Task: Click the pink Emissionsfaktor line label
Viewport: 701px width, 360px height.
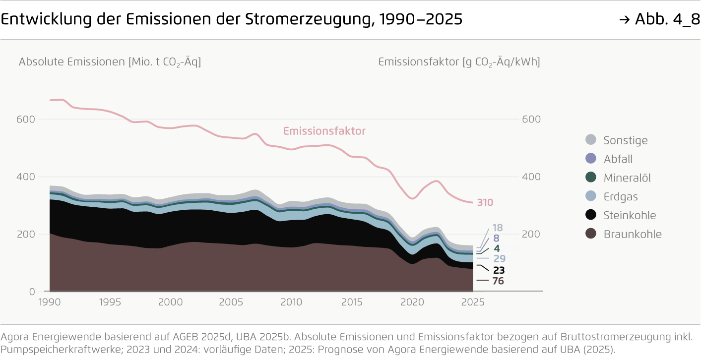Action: pyautogui.click(x=324, y=131)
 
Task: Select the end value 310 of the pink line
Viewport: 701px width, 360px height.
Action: pyautogui.click(x=485, y=202)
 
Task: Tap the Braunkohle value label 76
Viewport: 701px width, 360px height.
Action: pyautogui.click(x=498, y=281)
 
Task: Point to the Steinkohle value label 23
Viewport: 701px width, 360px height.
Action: pyautogui.click(x=499, y=270)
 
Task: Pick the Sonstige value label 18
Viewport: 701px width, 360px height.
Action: pyautogui.click(x=498, y=228)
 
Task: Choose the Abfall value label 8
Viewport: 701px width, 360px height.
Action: pyautogui.click(x=496, y=239)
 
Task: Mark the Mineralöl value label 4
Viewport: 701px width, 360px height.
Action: pyautogui.click(x=497, y=248)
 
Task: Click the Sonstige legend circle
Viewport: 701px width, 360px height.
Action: pyautogui.click(x=590, y=140)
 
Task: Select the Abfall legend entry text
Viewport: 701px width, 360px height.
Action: pyautogui.click(x=618, y=159)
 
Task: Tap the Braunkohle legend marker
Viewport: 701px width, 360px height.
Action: pyautogui.click(x=590, y=234)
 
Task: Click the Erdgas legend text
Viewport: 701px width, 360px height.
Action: pyautogui.click(x=620, y=197)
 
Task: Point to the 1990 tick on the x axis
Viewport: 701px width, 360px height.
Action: pyautogui.click(x=50, y=302)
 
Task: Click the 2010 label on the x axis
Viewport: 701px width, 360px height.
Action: pyautogui.click(x=291, y=302)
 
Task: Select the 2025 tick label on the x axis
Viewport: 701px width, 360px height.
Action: pyautogui.click(x=473, y=302)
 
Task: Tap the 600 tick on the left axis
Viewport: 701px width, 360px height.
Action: pyautogui.click(x=26, y=120)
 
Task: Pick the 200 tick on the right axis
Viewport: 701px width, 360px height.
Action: pyautogui.click(x=531, y=234)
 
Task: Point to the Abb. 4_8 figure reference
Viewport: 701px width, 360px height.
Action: pyautogui.click(x=659, y=19)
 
